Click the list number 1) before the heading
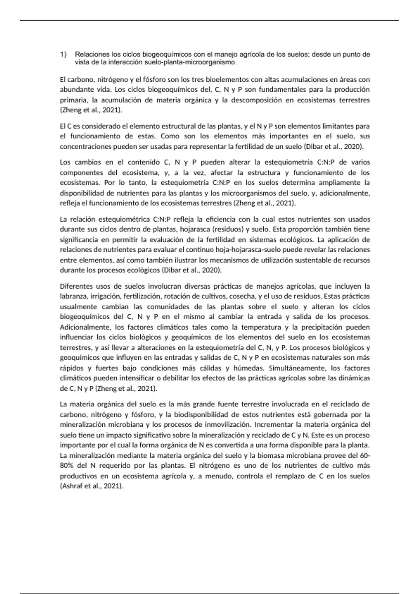click(x=63, y=55)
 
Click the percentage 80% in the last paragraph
click(x=67, y=466)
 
